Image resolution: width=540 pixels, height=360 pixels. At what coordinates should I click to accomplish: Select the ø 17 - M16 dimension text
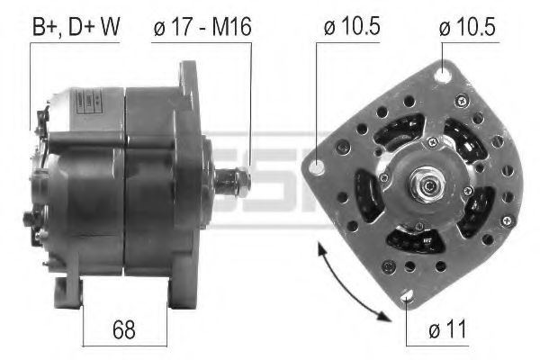click(x=202, y=27)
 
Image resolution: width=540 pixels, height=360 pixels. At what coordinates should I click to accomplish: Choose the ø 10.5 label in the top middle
click(x=350, y=27)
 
